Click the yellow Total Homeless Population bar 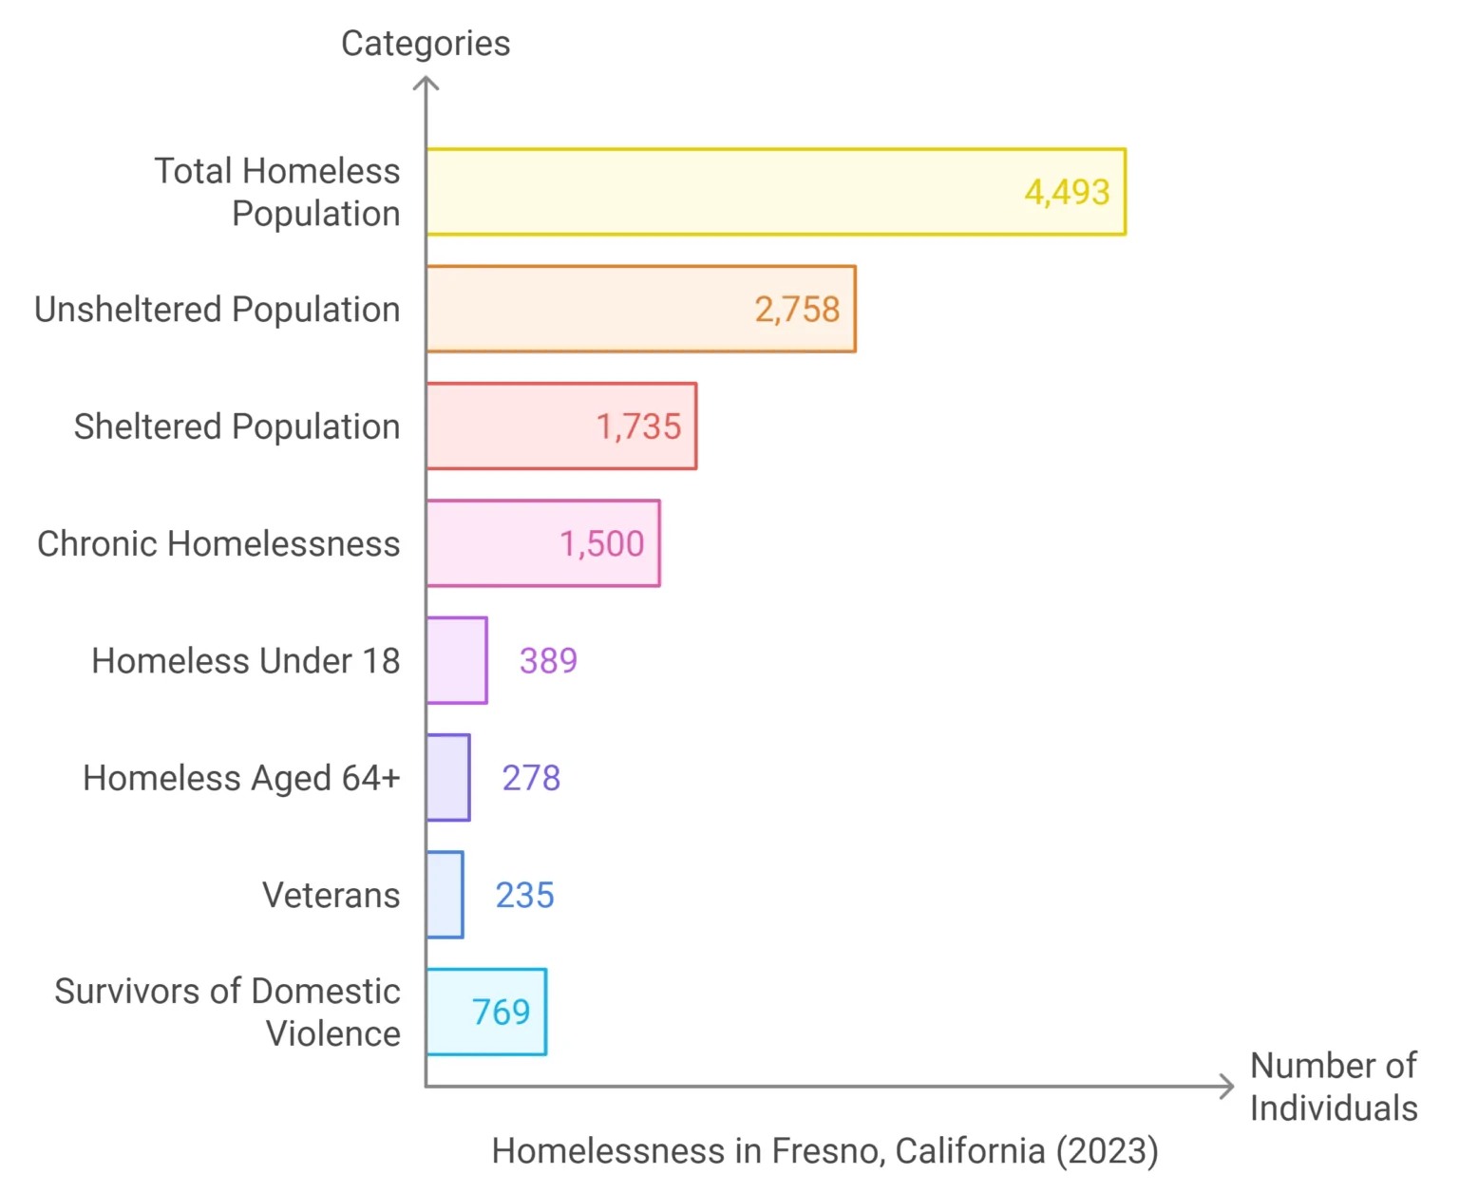pos(722,192)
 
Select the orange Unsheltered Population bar pos(589,309)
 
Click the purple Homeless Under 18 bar pos(457,660)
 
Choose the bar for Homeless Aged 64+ pos(448,777)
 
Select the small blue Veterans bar pos(445,895)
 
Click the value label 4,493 pos(1067,192)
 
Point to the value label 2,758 pos(797,309)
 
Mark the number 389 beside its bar pos(548,660)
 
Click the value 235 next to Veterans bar pos(524,895)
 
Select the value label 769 pos(501,1012)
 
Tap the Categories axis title pos(426,44)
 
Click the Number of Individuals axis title pos(1333,1087)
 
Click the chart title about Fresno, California pos(824,1150)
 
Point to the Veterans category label pos(331,895)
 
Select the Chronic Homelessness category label pos(218,543)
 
